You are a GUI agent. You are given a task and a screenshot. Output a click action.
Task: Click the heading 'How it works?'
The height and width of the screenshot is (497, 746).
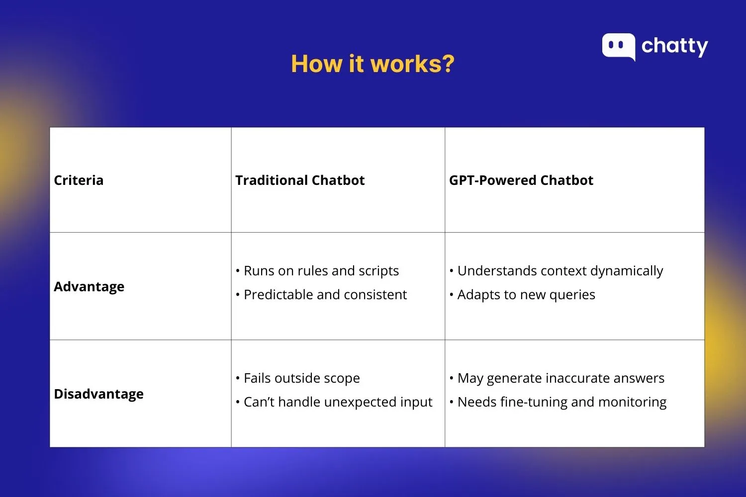pyautogui.click(x=373, y=64)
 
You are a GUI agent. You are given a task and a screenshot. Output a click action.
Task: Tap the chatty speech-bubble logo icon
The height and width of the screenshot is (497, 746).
pyautogui.click(x=618, y=47)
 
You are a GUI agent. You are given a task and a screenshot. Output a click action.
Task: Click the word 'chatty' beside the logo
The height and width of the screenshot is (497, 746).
pyautogui.click(x=674, y=46)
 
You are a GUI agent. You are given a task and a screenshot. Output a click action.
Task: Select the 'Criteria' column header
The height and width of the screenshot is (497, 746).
pyautogui.click(x=79, y=180)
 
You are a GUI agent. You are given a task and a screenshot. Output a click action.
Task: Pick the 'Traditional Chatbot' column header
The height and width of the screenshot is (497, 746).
pyautogui.click(x=300, y=180)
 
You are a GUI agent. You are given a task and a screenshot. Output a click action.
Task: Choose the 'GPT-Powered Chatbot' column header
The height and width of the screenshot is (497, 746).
pyautogui.click(x=521, y=180)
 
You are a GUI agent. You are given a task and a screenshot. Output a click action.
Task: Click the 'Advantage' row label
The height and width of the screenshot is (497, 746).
pyautogui.click(x=89, y=287)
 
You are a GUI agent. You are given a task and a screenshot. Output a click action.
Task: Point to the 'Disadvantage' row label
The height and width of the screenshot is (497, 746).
pyautogui.click(x=98, y=394)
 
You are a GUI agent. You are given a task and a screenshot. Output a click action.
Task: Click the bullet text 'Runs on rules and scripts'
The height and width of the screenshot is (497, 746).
pyautogui.click(x=321, y=271)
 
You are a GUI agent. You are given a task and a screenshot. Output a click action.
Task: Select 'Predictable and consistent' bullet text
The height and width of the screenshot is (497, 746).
pyautogui.click(x=325, y=295)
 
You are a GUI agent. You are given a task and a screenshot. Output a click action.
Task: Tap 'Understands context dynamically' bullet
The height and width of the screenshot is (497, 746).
pyautogui.click(x=560, y=271)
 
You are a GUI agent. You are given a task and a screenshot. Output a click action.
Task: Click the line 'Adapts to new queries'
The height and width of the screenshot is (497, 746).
pyautogui.click(x=526, y=295)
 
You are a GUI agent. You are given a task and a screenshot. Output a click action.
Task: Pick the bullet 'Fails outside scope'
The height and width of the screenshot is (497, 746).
pyautogui.click(x=301, y=378)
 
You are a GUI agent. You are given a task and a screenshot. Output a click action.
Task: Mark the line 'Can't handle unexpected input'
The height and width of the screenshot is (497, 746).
pyautogui.click(x=338, y=402)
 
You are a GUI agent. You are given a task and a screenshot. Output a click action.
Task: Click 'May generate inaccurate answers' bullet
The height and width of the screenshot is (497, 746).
pyautogui.click(x=560, y=378)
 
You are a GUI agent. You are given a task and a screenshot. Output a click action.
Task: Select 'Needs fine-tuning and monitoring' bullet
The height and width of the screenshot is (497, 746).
pyautogui.click(x=561, y=402)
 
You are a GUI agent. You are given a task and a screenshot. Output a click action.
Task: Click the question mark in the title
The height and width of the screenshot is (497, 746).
pyautogui.click(x=446, y=64)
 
